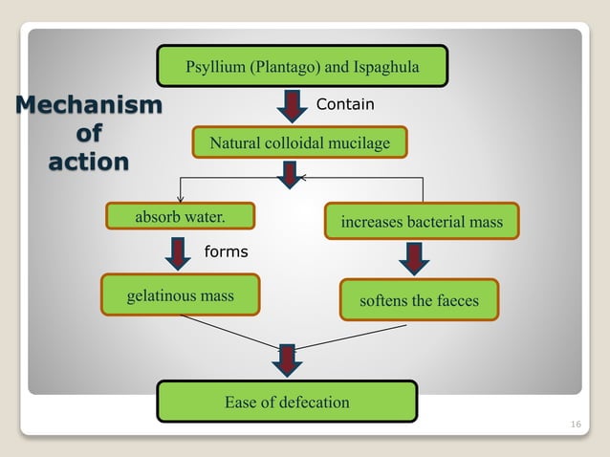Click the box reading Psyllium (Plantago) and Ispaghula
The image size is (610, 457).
click(302, 66)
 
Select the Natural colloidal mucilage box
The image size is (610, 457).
click(300, 143)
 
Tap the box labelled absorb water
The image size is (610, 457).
click(180, 217)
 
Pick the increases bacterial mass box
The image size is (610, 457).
click(422, 222)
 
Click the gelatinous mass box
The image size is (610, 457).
click(180, 295)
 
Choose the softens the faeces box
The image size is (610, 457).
click(420, 300)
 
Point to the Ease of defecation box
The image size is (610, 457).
click(287, 402)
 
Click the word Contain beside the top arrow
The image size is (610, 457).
click(345, 104)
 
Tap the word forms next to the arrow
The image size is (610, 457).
click(226, 252)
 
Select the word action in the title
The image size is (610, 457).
click(88, 162)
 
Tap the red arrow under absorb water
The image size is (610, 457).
click(179, 253)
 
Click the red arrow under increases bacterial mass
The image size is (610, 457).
click(414, 258)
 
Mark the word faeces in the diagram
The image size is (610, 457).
click(454, 300)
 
